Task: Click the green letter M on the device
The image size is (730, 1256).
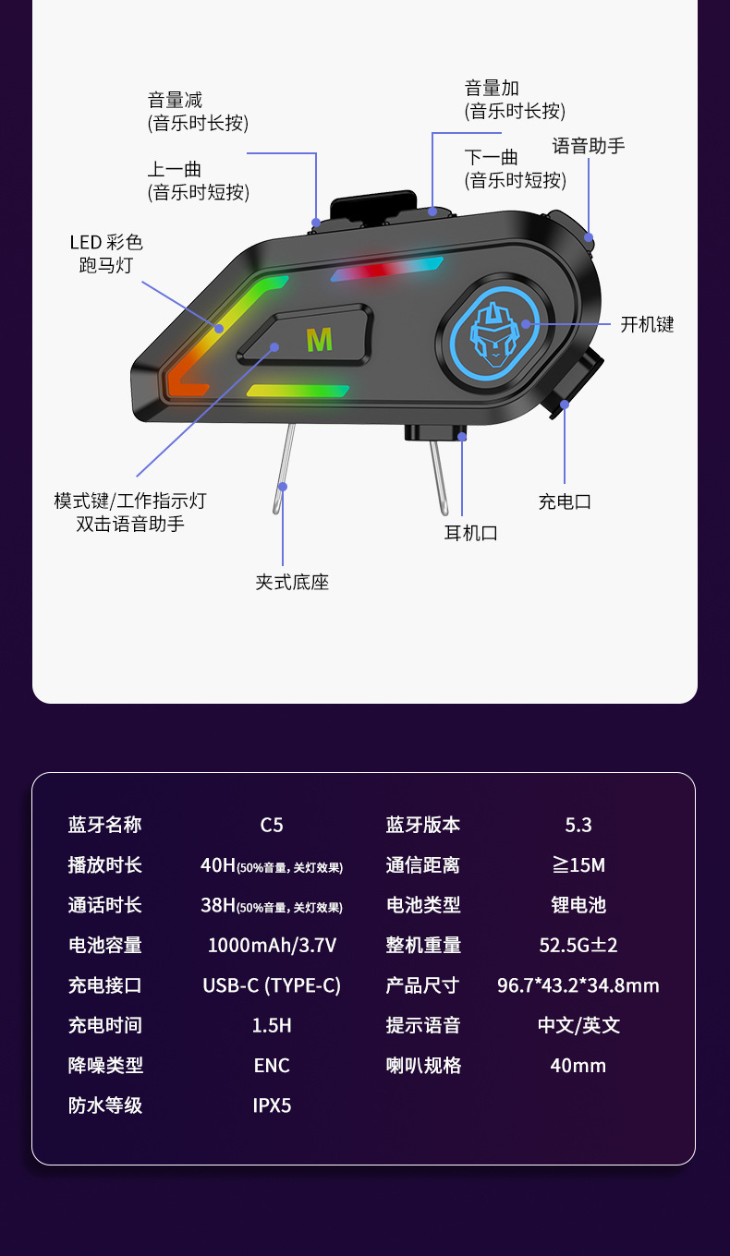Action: click(x=319, y=340)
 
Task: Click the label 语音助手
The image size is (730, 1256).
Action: click(x=589, y=145)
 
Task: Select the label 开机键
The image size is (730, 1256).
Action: click(x=647, y=324)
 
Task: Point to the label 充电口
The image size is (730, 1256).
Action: click(x=565, y=501)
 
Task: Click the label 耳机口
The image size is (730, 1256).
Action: click(x=470, y=533)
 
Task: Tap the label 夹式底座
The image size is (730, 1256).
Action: click(x=292, y=582)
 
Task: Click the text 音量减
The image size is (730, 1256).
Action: click(x=175, y=100)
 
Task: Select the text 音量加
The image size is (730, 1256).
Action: click(x=492, y=88)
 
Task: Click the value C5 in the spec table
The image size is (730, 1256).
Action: click(x=272, y=825)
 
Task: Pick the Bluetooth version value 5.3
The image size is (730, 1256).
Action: click(x=578, y=825)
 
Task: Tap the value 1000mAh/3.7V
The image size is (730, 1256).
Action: click(x=272, y=945)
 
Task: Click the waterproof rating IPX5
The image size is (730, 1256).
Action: click(x=272, y=1105)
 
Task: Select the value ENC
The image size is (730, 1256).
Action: click(x=272, y=1066)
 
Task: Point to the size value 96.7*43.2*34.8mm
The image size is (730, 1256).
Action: click(x=578, y=985)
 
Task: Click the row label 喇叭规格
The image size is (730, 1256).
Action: click(x=423, y=1066)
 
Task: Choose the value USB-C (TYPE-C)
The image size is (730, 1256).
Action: click(x=272, y=985)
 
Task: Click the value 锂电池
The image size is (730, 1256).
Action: click(x=578, y=905)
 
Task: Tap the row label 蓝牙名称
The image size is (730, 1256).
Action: click(x=105, y=825)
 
